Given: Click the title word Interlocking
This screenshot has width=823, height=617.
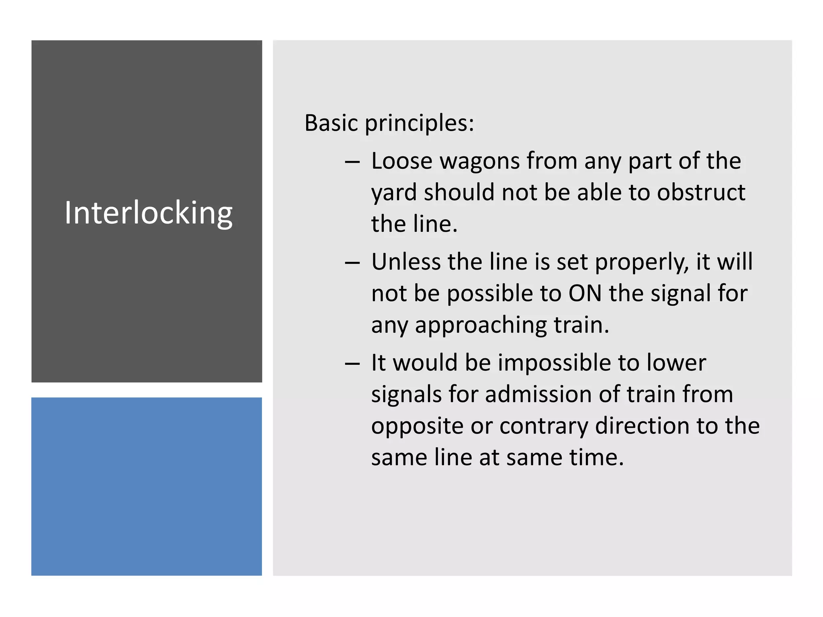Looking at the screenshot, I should point(148,213).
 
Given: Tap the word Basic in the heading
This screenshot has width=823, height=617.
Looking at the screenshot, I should point(331,123).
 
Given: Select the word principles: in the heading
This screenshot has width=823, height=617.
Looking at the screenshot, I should point(419,124).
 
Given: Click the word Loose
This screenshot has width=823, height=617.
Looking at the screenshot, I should point(401,161).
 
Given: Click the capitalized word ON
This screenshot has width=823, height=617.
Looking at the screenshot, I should point(585,293).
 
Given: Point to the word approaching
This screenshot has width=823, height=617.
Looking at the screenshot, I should point(481,325).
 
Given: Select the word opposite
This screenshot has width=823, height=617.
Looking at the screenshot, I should point(417,427).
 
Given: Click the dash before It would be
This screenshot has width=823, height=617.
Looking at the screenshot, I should point(352,364).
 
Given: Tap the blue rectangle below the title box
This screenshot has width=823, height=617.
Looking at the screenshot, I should point(147,486).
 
